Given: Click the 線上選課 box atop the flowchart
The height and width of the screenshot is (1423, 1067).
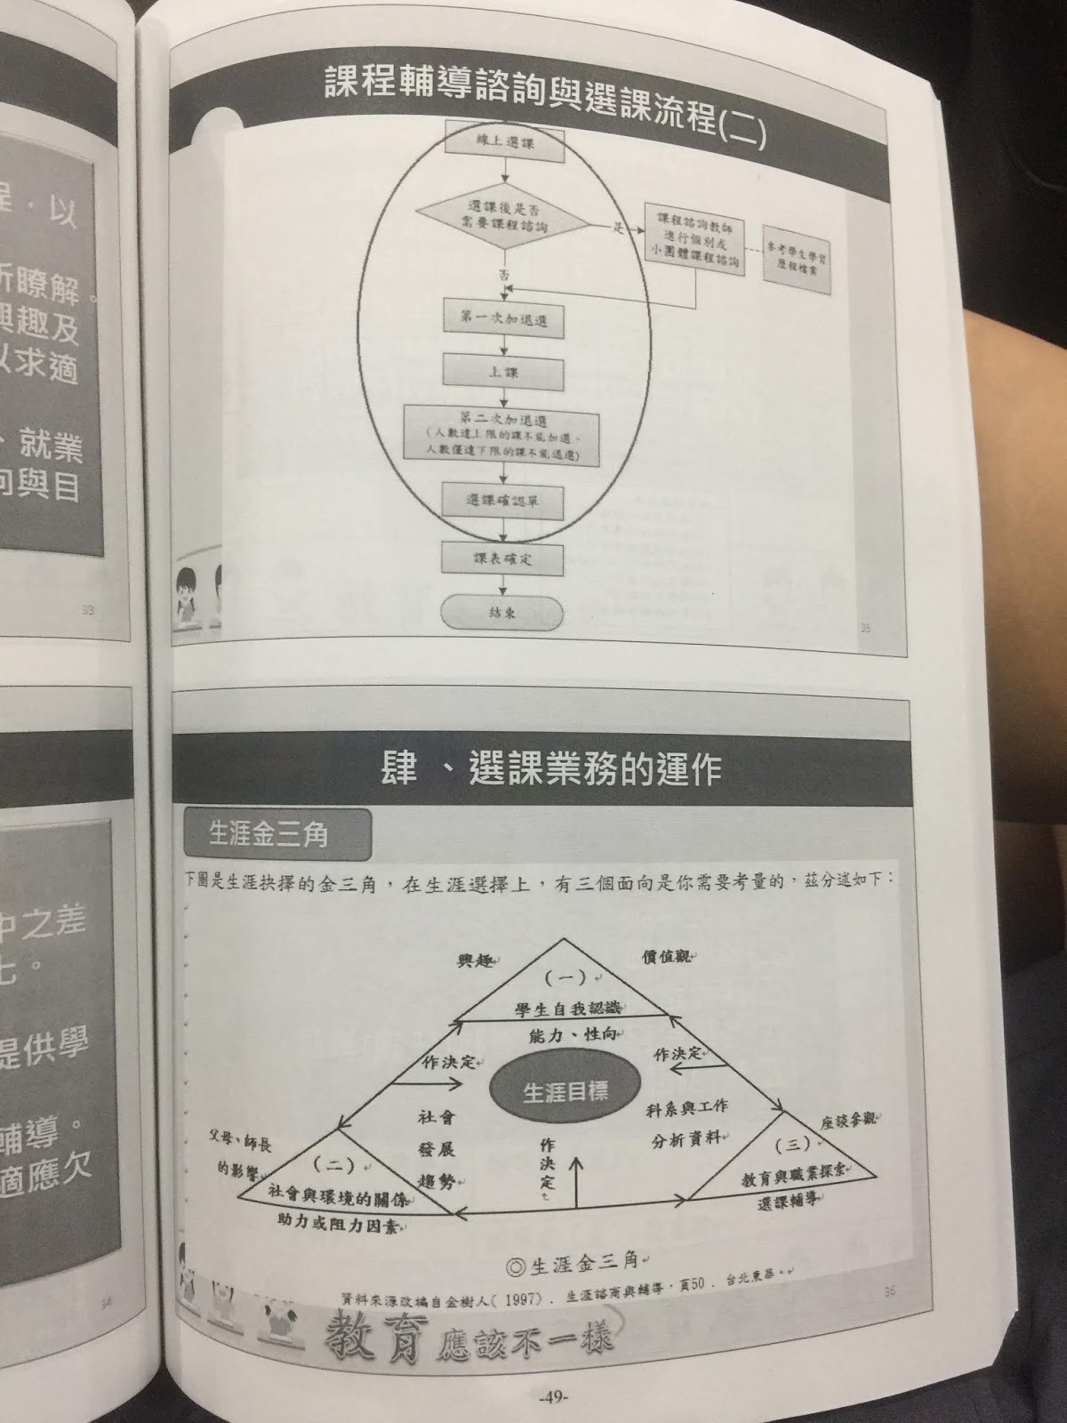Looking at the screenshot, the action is pyautogui.click(x=503, y=142).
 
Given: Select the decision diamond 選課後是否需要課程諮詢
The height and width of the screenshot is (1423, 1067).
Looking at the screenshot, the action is pyautogui.click(x=503, y=218).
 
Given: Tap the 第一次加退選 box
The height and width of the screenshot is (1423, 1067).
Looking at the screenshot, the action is pyautogui.click(x=503, y=319).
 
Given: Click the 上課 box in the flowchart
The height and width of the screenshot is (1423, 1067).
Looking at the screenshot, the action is pyautogui.click(x=503, y=372).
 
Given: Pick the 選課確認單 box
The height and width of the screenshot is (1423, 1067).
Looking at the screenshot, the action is pyautogui.click(x=503, y=501).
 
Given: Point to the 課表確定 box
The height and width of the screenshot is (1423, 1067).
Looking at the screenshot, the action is pyautogui.click(x=503, y=559).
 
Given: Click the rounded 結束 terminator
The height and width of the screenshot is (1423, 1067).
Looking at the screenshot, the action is pyautogui.click(x=502, y=613).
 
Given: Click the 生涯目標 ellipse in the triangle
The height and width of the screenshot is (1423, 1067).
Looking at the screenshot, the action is pyautogui.click(x=565, y=1091).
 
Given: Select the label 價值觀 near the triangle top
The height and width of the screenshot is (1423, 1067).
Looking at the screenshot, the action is pyautogui.click(x=668, y=957).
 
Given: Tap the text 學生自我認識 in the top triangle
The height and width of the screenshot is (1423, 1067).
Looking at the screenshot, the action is pyautogui.click(x=567, y=1009).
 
